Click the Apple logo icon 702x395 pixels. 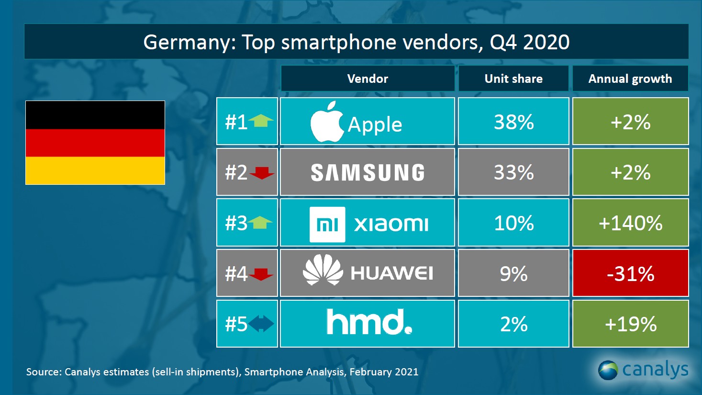[x=327, y=123]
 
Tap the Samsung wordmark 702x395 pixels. [x=368, y=173]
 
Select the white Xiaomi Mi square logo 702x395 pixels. [x=327, y=224]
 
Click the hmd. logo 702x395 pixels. [x=369, y=322]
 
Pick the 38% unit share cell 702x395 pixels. [x=513, y=122]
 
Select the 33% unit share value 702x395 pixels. [x=513, y=172]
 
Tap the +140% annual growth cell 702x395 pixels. [x=630, y=223]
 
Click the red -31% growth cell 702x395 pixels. [x=630, y=273]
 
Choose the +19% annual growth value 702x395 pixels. [x=630, y=324]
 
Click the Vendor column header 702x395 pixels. [x=368, y=79]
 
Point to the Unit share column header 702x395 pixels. [x=513, y=79]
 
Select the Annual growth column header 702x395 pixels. [x=630, y=79]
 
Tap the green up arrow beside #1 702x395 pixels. [x=261, y=121]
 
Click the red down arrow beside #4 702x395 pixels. [x=261, y=274]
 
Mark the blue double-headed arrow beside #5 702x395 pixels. [x=261, y=324]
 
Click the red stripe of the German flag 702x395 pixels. [x=95, y=143]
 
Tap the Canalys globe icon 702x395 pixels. [x=608, y=370]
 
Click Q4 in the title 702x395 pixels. [x=503, y=42]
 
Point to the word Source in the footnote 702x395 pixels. [x=43, y=372]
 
